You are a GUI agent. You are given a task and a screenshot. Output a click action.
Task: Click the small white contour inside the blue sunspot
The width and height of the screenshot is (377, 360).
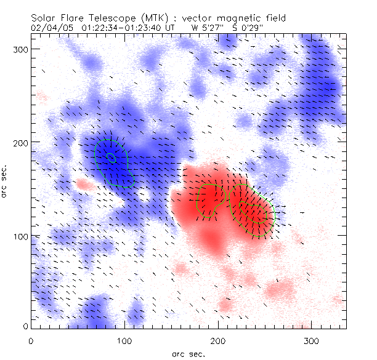pos(111,158)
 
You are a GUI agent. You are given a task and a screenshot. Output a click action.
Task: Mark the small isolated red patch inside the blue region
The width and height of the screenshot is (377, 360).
pos(83,183)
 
